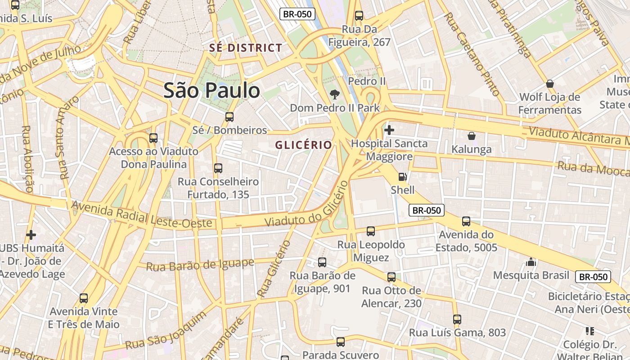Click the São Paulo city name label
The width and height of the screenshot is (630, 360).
pos(211,90)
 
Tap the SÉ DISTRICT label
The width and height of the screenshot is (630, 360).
pos(246,48)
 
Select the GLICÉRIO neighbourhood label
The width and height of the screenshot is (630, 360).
pos(303,145)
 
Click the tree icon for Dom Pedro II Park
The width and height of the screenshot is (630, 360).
pos(334,94)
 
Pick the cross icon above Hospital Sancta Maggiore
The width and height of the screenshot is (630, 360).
pos(389,130)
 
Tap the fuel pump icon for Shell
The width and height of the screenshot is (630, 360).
pos(403,177)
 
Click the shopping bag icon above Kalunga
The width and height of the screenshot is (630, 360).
pos(471,136)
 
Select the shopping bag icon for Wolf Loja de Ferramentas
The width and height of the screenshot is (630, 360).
pos(549,84)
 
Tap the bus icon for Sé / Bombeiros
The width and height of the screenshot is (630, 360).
pos(229,117)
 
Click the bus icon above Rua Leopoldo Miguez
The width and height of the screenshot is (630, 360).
pos(371,231)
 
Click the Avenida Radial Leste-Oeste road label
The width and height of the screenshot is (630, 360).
pos(142,215)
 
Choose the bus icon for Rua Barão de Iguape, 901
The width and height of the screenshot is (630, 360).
pos(322,262)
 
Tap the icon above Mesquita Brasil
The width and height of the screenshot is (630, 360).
pos(531,262)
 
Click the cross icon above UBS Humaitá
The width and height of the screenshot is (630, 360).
pos(31,234)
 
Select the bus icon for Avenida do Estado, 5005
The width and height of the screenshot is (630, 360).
pos(466,221)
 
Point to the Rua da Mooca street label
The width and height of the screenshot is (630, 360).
pos(593,169)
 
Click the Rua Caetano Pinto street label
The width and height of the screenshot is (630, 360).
pos(472,54)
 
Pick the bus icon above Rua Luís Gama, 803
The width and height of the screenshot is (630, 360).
pos(457,319)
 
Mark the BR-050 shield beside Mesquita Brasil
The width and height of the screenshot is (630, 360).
pos(593,277)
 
